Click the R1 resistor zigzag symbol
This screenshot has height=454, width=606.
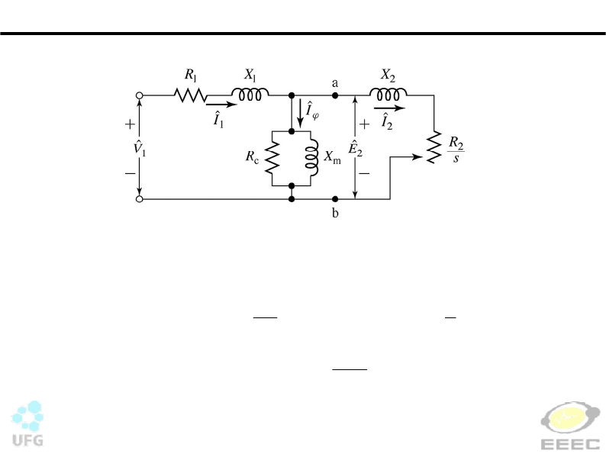pyautogui.click(x=190, y=95)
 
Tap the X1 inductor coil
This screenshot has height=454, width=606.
pyautogui.click(x=250, y=95)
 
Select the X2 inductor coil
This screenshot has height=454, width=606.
pyautogui.click(x=388, y=95)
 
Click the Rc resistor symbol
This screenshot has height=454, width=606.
pyautogui.click(x=272, y=157)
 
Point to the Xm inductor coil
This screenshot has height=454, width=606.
pyautogui.click(x=312, y=159)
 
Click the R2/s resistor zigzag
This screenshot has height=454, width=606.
pyautogui.click(x=434, y=147)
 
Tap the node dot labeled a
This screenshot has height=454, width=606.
pyautogui.click(x=335, y=95)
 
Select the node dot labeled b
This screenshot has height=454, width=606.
pyautogui.click(x=335, y=199)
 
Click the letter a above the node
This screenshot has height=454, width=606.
pyautogui.click(x=335, y=83)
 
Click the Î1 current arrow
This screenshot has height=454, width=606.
pyautogui.click(x=221, y=105)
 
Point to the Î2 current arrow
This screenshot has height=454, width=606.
pyautogui.click(x=389, y=108)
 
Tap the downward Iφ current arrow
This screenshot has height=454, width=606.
pyautogui.click(x=300, y=113)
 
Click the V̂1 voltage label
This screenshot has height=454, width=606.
pyautogui.click(x=140, y=148)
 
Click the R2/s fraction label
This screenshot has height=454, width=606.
pyautogui.click(x=456, y=150)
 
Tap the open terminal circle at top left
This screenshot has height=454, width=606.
pyautogui.click(x=140, y=95)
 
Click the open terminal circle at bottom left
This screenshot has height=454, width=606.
pyautogui.click(x=140, y=199)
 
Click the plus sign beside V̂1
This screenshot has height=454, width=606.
pyautogui.click(x=131, y=124)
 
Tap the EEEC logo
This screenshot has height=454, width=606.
pyautogui.click(x=570, y=425)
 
